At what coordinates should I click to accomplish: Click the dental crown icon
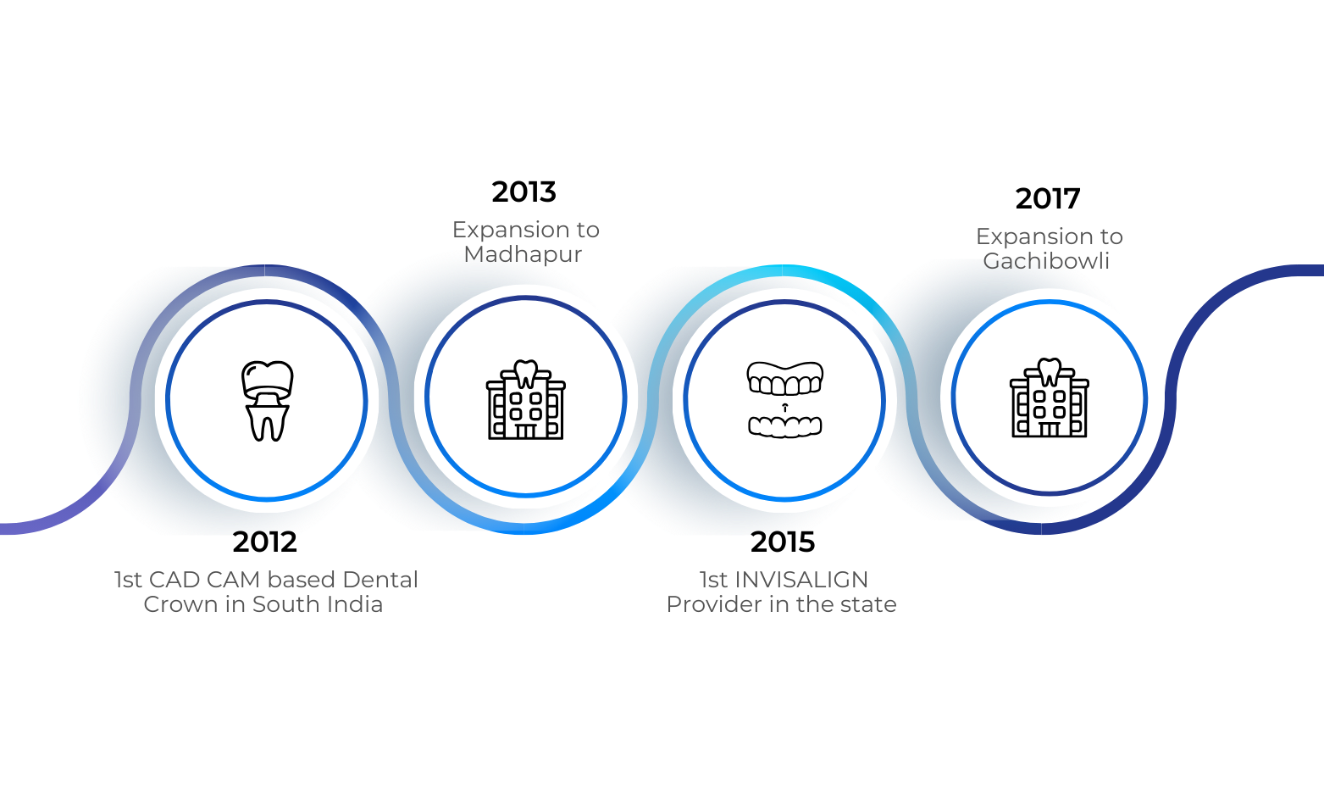point(267,400)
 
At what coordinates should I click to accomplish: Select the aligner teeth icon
point(784,399)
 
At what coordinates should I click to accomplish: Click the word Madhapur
point(523,254)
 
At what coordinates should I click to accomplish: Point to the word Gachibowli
point(1046,261)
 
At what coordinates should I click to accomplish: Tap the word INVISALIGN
point(801,580)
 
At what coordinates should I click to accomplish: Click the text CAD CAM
point(203,580)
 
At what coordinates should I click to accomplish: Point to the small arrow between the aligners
point(784,408)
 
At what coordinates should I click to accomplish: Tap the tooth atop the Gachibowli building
point(1050,370)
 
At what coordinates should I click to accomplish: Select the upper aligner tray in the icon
point(784,379)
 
